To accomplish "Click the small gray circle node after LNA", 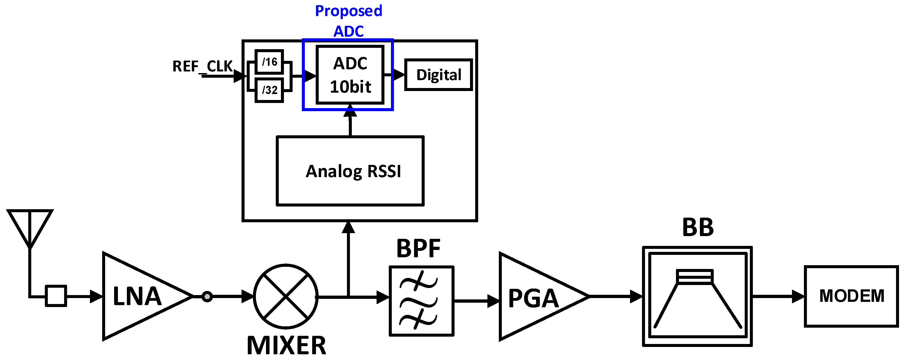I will click(x=207, y=296).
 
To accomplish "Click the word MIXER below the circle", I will click(x=286, y=346).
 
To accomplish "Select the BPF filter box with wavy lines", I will click(x=422, y=301).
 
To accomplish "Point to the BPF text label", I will click(x=418, y=249).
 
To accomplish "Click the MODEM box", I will click(x=851, y=296).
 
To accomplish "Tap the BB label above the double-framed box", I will click(x=698, y=228).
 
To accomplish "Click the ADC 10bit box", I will click(x=350, y=75).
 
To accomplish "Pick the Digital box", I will click(x=439, y=75).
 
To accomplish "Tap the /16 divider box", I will click(x=269, y=62).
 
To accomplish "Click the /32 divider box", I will click(x=269, y=90).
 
